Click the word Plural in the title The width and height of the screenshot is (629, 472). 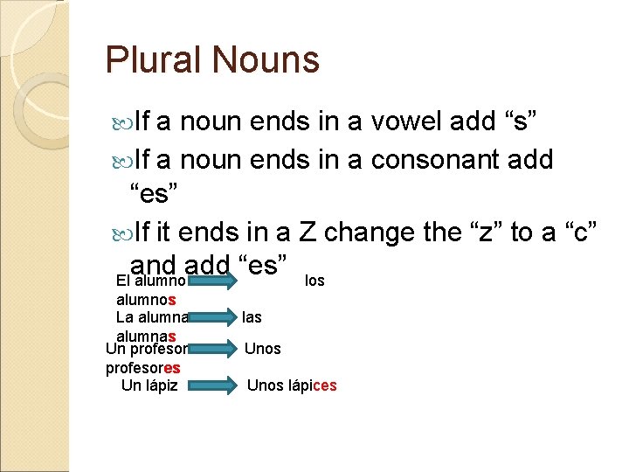coord(152,60)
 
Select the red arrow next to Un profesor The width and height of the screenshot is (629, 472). coord(212,349)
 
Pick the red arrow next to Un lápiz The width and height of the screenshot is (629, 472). coord(212,385)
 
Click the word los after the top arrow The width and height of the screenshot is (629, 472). coord(314,281)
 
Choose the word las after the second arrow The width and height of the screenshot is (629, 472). coord(252,316)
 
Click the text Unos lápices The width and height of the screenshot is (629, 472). coord(292,385)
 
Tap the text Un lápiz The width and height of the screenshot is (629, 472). coord(149,385)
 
